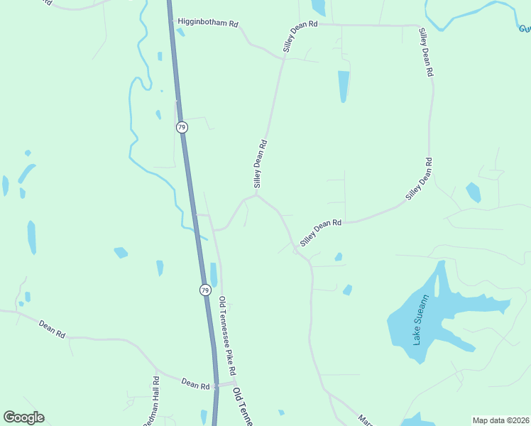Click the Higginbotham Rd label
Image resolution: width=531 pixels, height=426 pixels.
pyautogui.click(x=208, y=23)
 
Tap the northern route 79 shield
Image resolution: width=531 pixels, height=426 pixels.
pyautogui.click(x=182, y=128)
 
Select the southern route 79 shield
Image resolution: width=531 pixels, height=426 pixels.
pyautogui.click(x=204, y=290)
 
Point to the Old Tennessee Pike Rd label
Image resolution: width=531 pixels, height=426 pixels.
pyautogui.click(x=226, y=337)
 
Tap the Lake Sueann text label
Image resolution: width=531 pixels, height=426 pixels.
pyautogui.click(x=421, y=319)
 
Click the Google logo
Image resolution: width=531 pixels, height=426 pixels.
pyautogui.click(x=23, y=417)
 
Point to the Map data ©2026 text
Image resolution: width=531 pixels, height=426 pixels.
pyautogui.click(x=500, y=420)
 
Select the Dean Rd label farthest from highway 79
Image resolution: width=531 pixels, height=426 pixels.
pyautogui.click(x=52, y=329)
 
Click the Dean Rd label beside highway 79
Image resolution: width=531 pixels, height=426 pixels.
pyautogui.click(x=195, y=385)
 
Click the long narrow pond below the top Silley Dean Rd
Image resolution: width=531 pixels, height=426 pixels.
pyautogui.click(x=344, y=85)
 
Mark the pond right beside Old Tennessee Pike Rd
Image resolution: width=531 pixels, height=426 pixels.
pyautogui.click(x=214, y=274)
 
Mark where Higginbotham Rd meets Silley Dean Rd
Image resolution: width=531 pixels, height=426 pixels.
pyautogui.click(x=284, y=58)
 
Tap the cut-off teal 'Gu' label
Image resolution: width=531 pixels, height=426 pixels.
pyautogui.click(x=525, y=29)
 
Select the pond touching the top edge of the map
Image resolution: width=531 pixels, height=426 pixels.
pyautogui.click(x=318, y=7)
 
